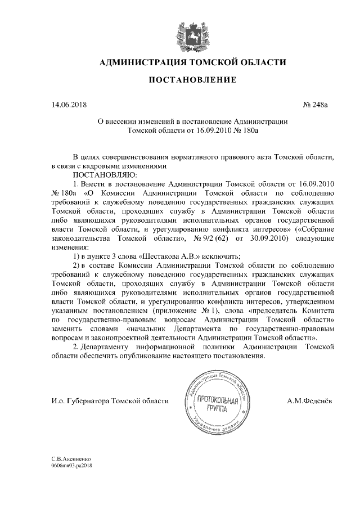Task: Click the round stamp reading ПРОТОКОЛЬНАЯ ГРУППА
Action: pos(216,402)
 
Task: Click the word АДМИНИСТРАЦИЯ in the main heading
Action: pos(134,62)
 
